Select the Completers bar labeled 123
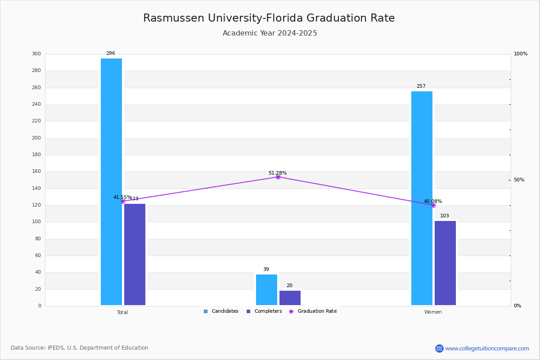pyautogui.click(x=135, y=254)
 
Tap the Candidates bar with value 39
pyautogui.click(x=266, y=290)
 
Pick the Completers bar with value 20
pyautogui.click(x=290, y=298)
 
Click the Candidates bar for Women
pyautogui.click(x=422, y=198)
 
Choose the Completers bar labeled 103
pyautogui.click(x=445, y=263)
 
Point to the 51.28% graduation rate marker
pyautogui.click(x=278, y=177)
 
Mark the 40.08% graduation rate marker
pyautogui.click(x=433, y=205)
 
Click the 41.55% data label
pyautogui.click(x=122, y=197)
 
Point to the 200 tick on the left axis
pyautogui.click(x=36, y=138)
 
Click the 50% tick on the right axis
pyautogui.click(x=519, y=180)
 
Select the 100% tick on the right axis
pyautogui.click(x=521, y=54)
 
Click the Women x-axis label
pyautogui.click(x=433, y=312)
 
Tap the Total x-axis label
pyautogui.click(x=122, y=312)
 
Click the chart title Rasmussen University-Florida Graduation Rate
pyautogui.click(x=269, y=18)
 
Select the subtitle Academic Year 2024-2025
pyautogui.click(x=270, y=33)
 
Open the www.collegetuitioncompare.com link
pyautogui.click(x=486, y=348)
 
